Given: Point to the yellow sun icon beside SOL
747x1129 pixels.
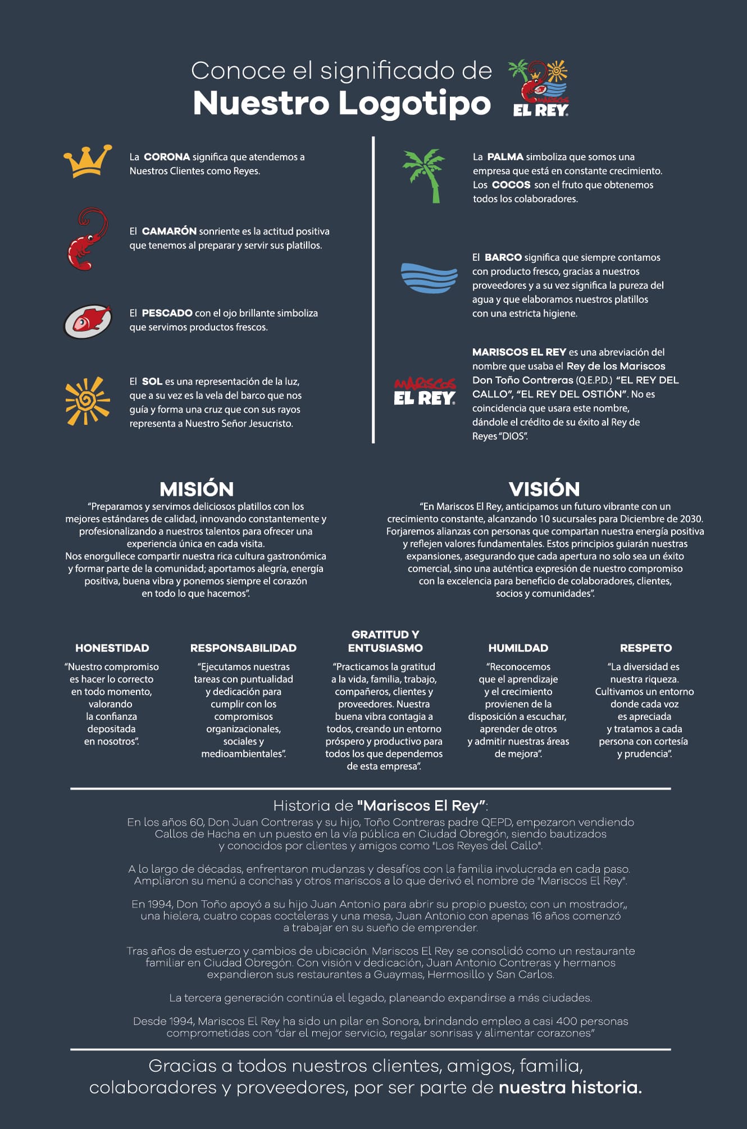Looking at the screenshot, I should tap(87, 401).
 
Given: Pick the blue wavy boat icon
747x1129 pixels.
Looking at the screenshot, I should tap(429, 277).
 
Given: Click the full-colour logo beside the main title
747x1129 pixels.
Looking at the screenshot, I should tap(540, 88).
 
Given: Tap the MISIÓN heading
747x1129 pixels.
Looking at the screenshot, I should tap(197, 489).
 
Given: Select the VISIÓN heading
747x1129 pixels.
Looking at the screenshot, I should tap(544, 489).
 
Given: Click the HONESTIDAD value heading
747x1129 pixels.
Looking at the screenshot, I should tap(112, 648).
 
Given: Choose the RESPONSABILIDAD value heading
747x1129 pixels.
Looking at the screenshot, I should tap(243, 648).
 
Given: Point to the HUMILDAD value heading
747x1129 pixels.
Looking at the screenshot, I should tap(518, 648).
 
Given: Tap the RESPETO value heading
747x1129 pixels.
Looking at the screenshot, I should tap(645, 648).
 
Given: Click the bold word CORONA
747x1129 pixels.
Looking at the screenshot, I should tap(167, 157).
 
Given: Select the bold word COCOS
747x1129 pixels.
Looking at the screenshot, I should tap(511, 185).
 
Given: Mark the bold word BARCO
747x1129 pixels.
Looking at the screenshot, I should tap(503, 257).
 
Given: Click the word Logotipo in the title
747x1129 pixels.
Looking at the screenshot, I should tap(415, 103).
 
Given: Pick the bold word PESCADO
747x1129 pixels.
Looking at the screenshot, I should tap(167, 313).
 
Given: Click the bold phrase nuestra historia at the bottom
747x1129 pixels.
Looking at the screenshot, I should tap(570, 1087).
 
